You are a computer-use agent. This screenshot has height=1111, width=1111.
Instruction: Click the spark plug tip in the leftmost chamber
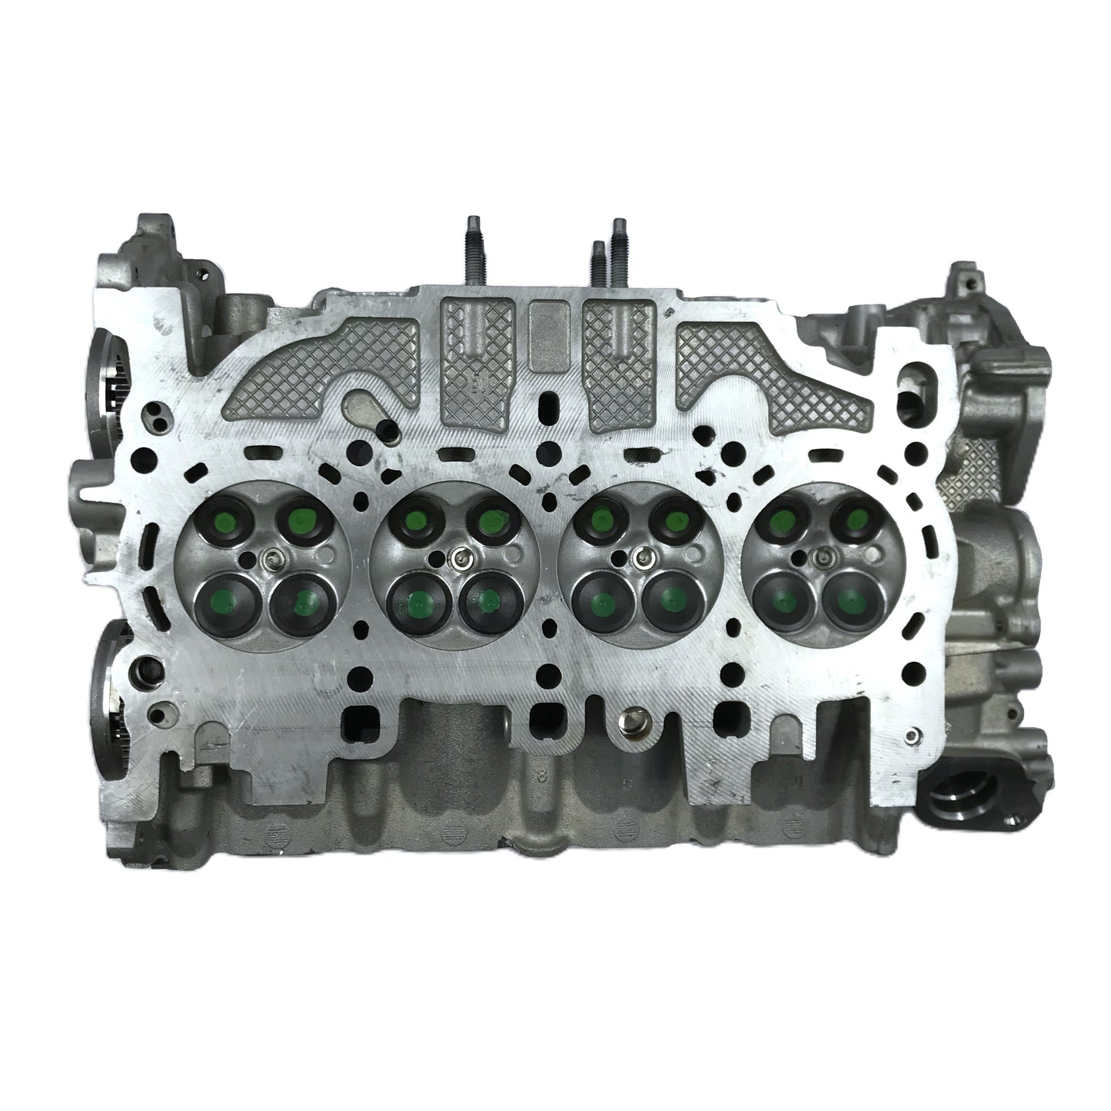[x=266, y=559]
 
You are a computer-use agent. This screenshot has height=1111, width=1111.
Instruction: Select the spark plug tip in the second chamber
[x=458, y=559]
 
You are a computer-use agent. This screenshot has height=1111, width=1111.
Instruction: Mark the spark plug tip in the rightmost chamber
[x=823, y=555]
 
